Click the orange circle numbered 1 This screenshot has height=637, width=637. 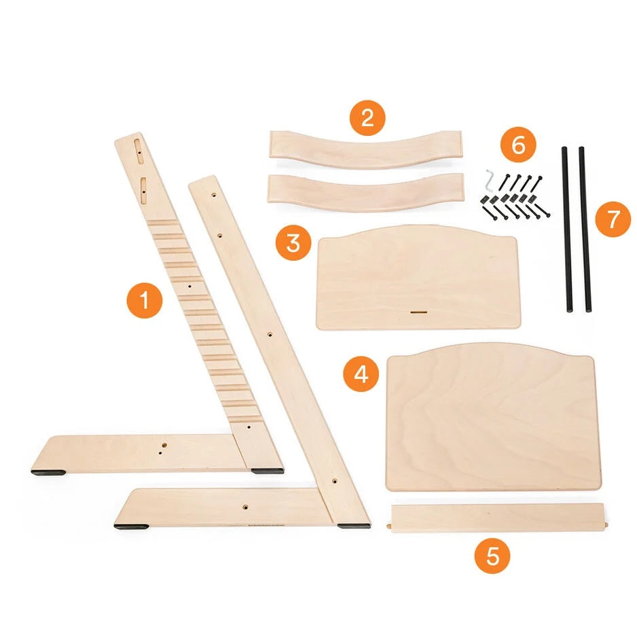coord(145,301)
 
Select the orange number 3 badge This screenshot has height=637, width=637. coord(293,243)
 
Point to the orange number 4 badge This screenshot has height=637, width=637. coord(361,374)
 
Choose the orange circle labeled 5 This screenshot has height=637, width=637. coord(492,556)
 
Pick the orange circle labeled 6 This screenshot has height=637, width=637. coord(518,145)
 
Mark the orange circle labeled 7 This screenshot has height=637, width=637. coord(613,219)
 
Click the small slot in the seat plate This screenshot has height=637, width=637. coord(418,312)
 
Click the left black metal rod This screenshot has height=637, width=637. coord(567,230)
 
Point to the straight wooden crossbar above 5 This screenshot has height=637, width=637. coord(498,518)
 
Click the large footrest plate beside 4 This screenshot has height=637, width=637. coord(492,418)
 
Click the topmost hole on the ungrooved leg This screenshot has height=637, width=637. coord(214,195)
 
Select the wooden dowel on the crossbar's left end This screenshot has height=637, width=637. coord(388,526)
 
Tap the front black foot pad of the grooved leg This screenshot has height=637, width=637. coord(48,473)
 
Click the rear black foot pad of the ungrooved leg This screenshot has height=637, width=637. coord(353,526)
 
